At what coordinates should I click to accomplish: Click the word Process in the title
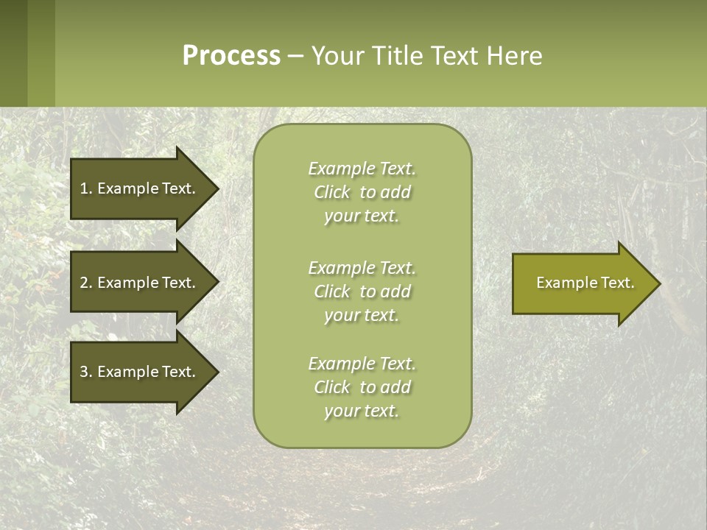click(231, 56)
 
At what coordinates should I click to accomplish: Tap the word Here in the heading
click(515, 56)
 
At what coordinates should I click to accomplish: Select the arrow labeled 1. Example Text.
click(140, 188)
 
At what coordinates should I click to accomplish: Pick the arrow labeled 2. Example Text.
click(140, 283)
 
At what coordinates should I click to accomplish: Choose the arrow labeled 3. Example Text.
click(140, 372)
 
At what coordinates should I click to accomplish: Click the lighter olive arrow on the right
click(582, 283)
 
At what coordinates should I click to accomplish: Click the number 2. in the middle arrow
click(86, 283)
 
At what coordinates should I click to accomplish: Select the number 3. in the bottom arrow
click(86, 372)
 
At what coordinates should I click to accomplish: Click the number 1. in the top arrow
click(86, 188)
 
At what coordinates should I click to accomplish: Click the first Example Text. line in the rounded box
click(362, 169)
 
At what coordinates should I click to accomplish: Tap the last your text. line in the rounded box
click(362, 411)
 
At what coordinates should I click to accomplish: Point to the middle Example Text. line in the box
click(362, 267)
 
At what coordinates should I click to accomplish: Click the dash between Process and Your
click(295, 56)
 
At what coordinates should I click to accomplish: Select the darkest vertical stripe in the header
click(13, 53)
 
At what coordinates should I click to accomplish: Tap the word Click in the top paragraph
click(332, 192)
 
